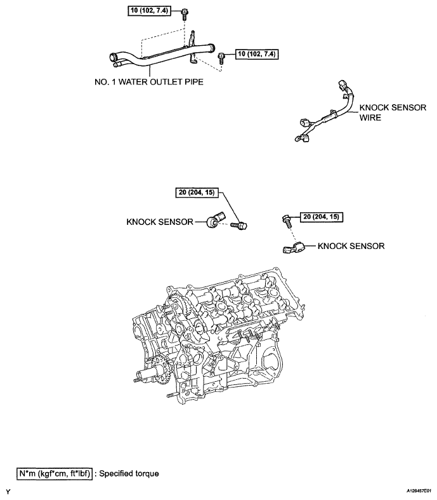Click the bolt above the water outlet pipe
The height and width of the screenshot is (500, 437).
183,12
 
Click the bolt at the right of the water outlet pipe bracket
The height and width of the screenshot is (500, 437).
222,57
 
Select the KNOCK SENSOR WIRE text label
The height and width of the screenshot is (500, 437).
393,112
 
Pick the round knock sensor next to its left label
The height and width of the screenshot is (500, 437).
215,221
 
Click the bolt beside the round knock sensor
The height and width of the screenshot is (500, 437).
240,224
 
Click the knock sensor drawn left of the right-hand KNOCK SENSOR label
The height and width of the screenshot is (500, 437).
293,247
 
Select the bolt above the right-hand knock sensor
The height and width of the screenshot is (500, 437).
286,219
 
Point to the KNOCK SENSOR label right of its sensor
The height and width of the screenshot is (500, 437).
351,245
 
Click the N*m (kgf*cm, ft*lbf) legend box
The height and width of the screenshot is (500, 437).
55,473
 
